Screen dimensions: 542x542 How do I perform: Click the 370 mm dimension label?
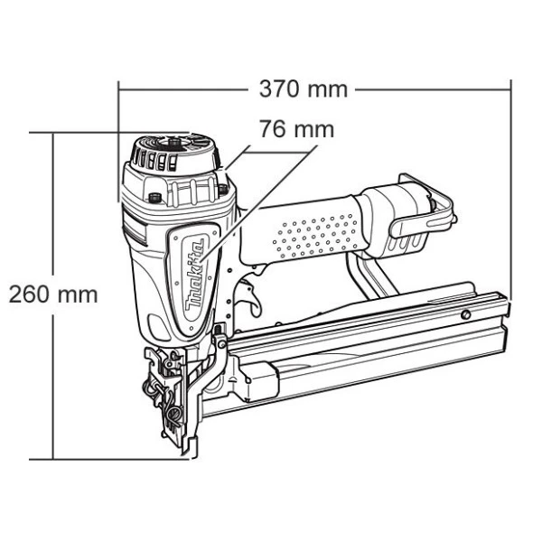pyautogui.click(x=304, y=89)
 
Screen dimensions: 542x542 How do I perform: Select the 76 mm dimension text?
pyautogui.click(x=296, y=129)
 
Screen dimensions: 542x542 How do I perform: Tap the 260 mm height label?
pyautogui.click(x=53, y=294)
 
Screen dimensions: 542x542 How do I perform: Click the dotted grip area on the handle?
pyautogui.click(x=315, y=236)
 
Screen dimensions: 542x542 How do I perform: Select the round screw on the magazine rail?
pyautogui.click(x=465, y=314)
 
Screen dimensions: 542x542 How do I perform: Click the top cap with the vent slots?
pyautogui.click(x=174, y=154)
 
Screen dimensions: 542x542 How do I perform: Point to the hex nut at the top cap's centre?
pyautogui.click(x=173, y=142)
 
